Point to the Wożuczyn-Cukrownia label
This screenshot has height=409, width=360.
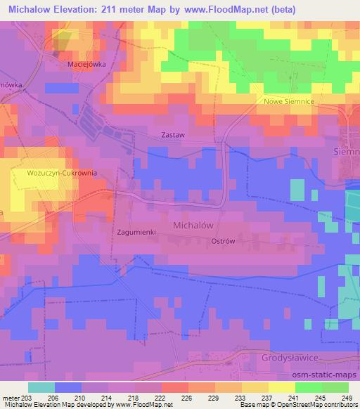(x=61, y=172)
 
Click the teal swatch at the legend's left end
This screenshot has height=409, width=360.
(x=41, y=387)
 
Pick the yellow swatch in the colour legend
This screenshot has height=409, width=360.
(x=282, y=387)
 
